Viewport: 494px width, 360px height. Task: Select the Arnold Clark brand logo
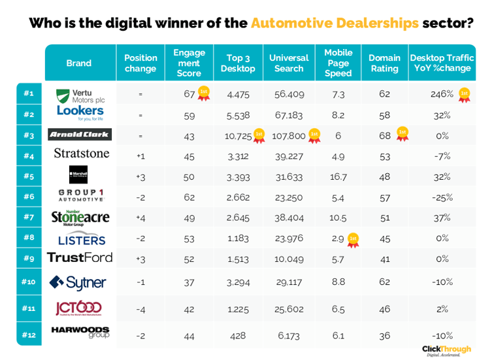[80, 135]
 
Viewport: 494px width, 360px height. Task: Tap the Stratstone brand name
[81, 154]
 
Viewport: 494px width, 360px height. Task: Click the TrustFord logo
[80, 257]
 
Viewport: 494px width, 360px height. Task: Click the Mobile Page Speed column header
[338, 63]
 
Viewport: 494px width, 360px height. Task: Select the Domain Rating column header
[384, 63]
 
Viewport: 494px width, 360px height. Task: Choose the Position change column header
[140, 63]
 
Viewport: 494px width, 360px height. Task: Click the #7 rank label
[29, 216]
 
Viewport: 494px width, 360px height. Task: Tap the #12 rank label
[29, 335]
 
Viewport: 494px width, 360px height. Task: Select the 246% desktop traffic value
[442, 94]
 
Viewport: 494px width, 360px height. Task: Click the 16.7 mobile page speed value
[338, 176]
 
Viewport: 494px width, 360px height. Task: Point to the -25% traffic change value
[442, 197]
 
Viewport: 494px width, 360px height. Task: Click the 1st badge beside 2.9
[354, 239]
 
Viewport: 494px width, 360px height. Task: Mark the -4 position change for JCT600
[140, 309]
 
